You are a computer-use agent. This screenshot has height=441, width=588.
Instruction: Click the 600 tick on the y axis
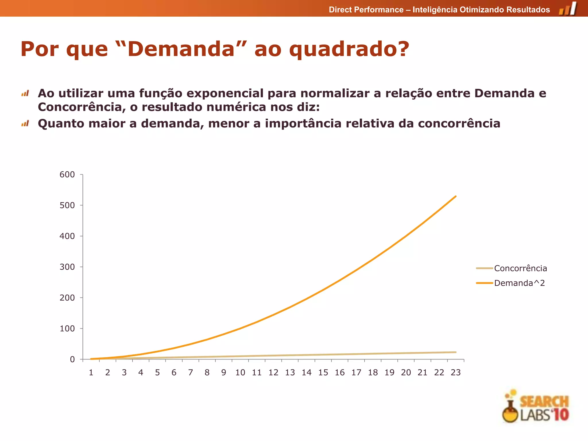[x=67, y=175]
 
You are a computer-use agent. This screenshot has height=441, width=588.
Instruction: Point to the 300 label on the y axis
[x=67, y=267]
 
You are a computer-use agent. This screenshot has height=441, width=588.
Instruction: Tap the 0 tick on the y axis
[x=72, y=359]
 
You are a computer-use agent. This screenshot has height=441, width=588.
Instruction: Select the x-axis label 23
[x=456, y=373]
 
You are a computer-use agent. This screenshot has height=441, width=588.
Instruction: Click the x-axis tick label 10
[x=240, y=373]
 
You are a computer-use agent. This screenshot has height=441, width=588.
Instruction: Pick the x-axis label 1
[x=91, y=373]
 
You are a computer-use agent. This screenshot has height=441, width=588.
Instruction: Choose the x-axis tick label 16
[x=340, y=373]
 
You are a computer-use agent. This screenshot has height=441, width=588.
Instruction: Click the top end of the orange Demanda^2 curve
[x=456, y=196]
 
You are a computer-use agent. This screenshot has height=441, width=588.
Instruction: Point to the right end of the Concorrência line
[x=456, y=352]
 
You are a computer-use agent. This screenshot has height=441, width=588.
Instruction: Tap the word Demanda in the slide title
[x=181, y=49]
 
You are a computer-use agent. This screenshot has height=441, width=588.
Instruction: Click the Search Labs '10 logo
[x=536, y=407]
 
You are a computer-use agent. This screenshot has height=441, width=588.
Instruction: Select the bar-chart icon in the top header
[x=568, y=9]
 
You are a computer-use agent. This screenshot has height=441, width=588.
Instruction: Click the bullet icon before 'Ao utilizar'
[x=25, y=94]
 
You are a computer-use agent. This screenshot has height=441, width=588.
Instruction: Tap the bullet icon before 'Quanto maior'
[x=25, y=124]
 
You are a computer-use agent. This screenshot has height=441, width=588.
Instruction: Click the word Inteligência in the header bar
[x=435, y=10]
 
